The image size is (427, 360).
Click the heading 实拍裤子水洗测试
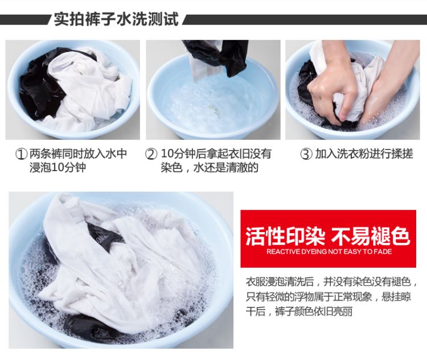pos(116,19)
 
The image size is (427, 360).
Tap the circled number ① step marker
pos(21,154)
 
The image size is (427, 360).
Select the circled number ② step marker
pos(151,154)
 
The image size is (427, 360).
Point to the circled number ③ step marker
pos(306,154)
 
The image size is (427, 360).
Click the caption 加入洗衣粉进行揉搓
pos(364,154)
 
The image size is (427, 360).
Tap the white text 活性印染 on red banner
pos(285,236)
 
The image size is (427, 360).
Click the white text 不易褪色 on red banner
pos(371,236)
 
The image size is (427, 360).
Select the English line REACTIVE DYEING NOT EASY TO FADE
pos(329,252)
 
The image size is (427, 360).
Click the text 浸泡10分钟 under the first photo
pos(58,168)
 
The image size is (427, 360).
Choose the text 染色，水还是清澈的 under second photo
pos(210,168)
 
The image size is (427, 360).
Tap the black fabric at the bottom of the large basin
pos(90,326)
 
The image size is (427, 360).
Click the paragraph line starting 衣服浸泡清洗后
pos(331,282)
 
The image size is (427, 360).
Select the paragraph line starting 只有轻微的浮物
pos(329,297)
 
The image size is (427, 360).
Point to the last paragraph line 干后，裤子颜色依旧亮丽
pos(299,311)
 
